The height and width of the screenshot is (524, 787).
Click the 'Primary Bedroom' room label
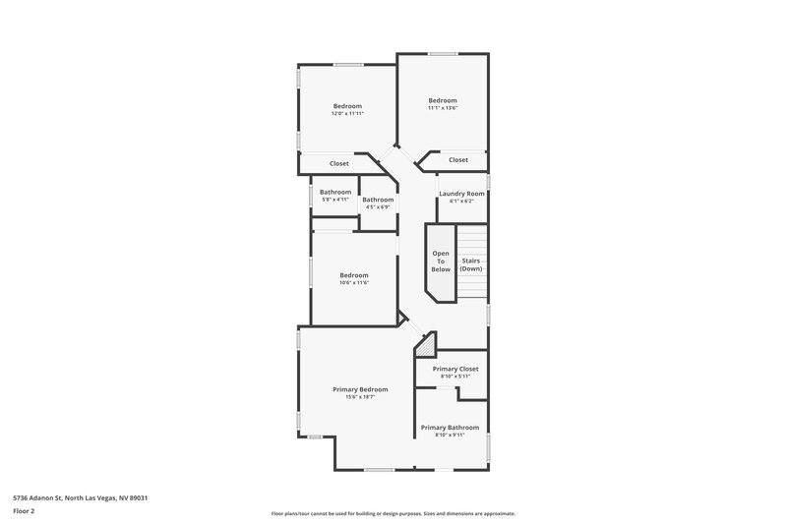(x=360, y=389)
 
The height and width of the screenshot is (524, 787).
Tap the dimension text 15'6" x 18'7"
(x=360, y=397)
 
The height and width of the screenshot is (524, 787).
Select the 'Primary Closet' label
(x=455, y=369)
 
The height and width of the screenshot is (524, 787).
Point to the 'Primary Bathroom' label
(x=450, y=428)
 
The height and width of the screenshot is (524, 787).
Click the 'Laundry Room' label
(x=461, y=194)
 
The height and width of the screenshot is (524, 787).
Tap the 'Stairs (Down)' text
(x=471, y=264)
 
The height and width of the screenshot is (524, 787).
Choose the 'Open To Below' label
(x=441, y=261)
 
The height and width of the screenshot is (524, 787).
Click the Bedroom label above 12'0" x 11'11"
(x=347, y=106)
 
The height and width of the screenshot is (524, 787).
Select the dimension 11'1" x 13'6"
(x=443, y=108)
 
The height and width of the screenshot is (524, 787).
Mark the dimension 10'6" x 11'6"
(x=354, y=283)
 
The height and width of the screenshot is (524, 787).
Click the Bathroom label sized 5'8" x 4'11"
(x=335, y=192)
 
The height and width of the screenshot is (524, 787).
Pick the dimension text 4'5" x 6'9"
(x=379, y=207)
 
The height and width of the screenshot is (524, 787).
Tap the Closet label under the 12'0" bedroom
(x=339, y=163)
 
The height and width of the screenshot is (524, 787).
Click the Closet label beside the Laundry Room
(x=458, y=159)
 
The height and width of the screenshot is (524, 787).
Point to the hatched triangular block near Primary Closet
(x=425, y=344)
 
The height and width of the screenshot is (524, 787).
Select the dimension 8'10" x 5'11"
(x=455, y=377)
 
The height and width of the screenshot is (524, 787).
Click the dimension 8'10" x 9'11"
(x=450, y=436)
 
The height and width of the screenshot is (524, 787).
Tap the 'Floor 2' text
(x=25, y=511)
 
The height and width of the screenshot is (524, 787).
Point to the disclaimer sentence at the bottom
(x=393, y=513)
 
